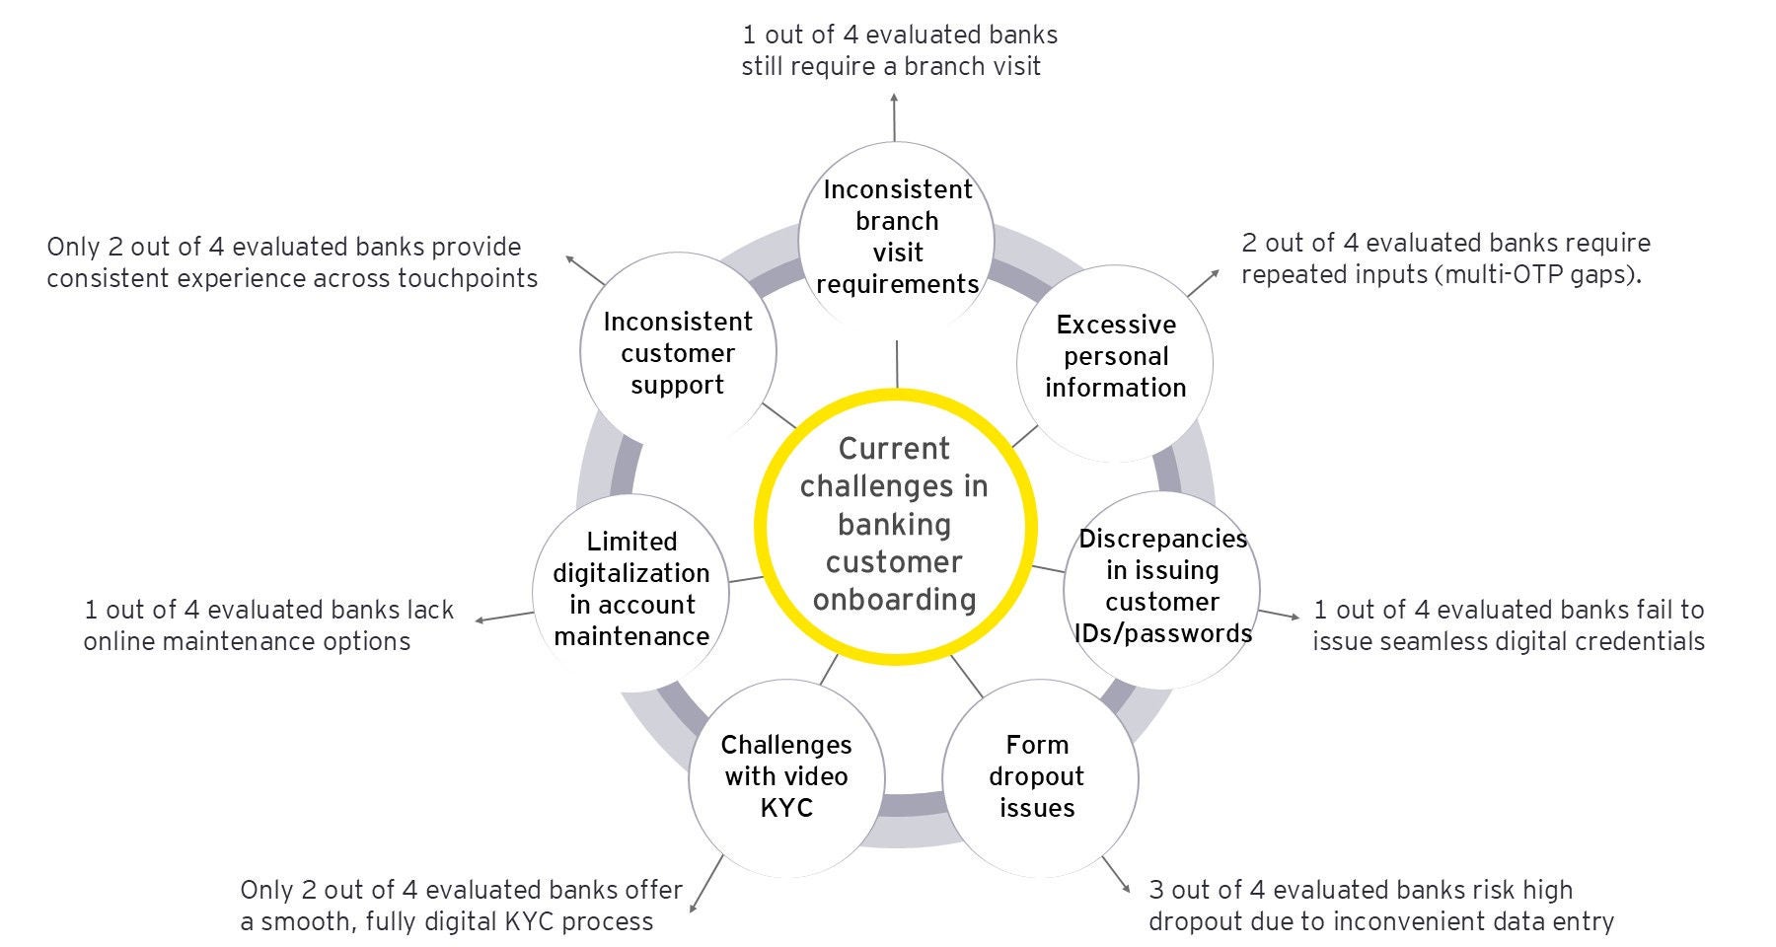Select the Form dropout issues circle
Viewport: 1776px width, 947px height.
pyautogui.click(x=1039, y=777)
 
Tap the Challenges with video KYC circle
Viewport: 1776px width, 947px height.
pyautogui.click(x=786, y=777)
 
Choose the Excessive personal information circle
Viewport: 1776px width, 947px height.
pyautogui.click(x=1115, y=357)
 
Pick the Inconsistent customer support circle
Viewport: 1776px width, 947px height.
pyautogui.click(x=678, y=353)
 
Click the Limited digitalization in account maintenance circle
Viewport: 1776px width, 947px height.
pyautogui.click(x=631, y=590)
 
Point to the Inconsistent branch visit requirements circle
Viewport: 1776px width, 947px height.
pyautogui.click(x=897, y=237)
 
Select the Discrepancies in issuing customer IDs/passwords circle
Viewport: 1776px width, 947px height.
pyautogui.click(x=1162, y=587)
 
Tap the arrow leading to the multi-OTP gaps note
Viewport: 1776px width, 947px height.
pyautogui.click(x=1203, y=282)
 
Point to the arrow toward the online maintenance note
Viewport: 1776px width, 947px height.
pyautogui.click(x=503, y=617)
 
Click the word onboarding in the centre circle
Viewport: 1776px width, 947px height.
pyautogui.click(x=894, y=600)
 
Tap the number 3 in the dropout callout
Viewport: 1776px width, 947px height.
pyautogui.click(x=1156, y=891)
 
